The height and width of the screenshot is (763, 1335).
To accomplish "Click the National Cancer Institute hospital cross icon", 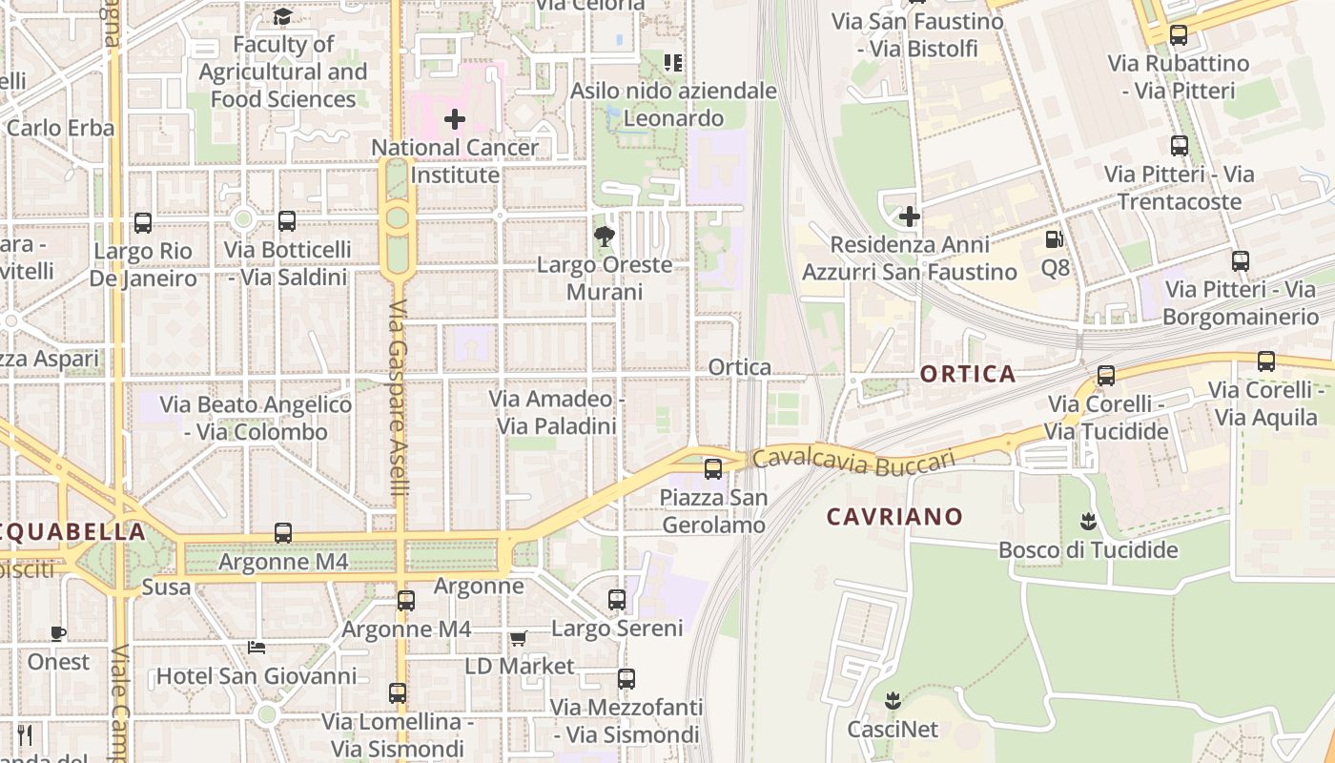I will (455, 119).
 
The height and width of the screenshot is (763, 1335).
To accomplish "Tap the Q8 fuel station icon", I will (1055, 239).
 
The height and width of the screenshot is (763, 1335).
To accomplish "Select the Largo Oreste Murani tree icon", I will (604, 236).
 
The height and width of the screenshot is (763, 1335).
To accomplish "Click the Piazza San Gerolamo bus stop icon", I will (713, 468).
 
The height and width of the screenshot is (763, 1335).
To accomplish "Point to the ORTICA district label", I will (968, 374).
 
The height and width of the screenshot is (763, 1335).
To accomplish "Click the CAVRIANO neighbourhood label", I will (894, 517).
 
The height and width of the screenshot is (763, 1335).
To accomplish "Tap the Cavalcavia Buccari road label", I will (852, 460).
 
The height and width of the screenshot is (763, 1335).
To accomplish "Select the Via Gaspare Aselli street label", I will (399, 399).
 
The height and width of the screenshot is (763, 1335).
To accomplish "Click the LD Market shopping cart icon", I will (518, 638).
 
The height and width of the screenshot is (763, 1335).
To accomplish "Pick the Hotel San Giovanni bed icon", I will (257, 648).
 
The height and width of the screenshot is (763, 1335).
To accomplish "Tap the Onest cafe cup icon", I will (58, 633).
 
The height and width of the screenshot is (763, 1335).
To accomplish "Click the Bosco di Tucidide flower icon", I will (1087, 522).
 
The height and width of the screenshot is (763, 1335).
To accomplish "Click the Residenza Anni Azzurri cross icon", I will (910, 217).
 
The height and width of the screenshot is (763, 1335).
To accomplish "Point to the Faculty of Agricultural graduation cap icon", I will (283, 16).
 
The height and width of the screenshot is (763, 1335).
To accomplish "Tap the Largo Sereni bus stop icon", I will (617, 599).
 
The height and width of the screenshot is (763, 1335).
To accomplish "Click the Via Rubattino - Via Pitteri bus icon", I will (1179, 35).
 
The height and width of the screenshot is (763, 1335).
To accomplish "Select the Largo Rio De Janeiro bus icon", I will (143, 223).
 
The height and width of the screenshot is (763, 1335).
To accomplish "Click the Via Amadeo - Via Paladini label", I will (557, 412).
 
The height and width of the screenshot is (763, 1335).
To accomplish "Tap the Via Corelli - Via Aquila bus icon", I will (1266, 361).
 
